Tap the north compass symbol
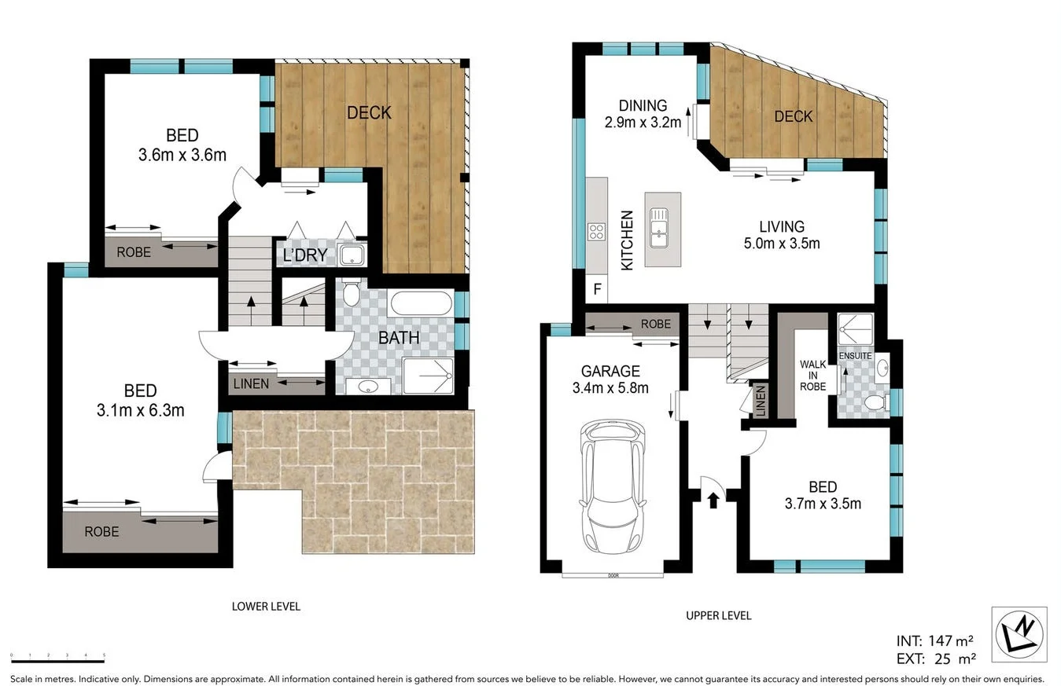coord(1019,633)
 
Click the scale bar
coord(57,656)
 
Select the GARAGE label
coord(610,372)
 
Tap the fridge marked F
coord(597,290)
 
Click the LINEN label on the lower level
coord(252,384)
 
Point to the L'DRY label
coord(304,256)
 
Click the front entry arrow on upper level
coord(713,499)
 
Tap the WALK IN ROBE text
coord(812,376)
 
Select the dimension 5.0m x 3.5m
coord(782,244)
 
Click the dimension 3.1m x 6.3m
coord(140,409)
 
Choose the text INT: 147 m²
coord(936,640)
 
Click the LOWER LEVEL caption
coord(266,606)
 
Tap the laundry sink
coord(351,255)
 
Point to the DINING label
coord(642,105)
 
